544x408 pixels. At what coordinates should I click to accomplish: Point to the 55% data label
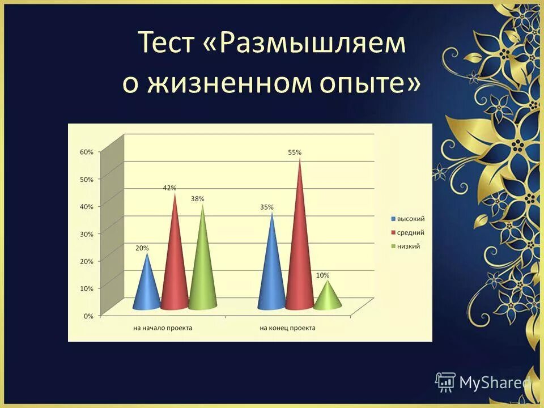click(295, 152)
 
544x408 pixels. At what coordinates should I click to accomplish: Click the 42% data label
click(169, 188)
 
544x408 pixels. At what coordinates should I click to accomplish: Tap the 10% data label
click(322, 275)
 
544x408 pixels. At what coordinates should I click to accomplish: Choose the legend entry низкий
click(408, 246)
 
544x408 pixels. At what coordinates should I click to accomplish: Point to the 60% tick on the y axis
click(86, 152)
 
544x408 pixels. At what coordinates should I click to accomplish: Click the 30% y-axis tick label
click(86, 233)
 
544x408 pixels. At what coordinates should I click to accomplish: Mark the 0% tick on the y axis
click(88, 316)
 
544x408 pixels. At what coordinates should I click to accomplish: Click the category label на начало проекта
click(163, 328)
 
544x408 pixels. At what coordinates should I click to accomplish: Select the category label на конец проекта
click(287, 328)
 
